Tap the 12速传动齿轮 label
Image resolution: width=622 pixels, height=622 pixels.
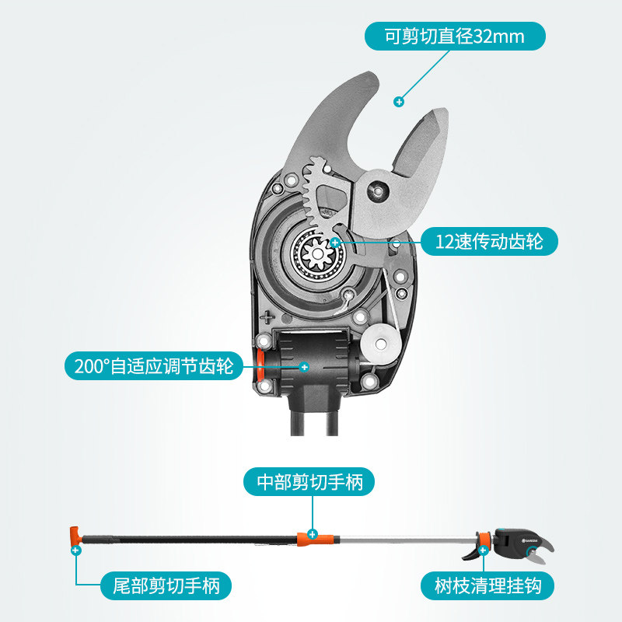coord(489,242)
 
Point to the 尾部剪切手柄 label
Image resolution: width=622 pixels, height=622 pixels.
coord(166,585)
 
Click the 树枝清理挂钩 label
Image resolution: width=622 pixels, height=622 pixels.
coord(488,585)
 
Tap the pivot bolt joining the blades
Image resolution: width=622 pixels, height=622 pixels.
coord(378,188)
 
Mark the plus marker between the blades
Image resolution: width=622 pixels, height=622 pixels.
coord(399,101)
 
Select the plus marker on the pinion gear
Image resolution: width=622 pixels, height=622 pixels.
coord(335,243)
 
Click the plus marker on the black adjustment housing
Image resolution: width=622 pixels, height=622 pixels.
coord(304,366)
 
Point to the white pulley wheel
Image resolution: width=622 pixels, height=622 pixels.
coord(382,342)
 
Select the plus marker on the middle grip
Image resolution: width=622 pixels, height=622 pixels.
coord(312,534)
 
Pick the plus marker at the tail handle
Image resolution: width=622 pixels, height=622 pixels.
coord(75,550)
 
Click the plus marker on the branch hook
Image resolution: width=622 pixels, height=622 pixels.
coord(484,550)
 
